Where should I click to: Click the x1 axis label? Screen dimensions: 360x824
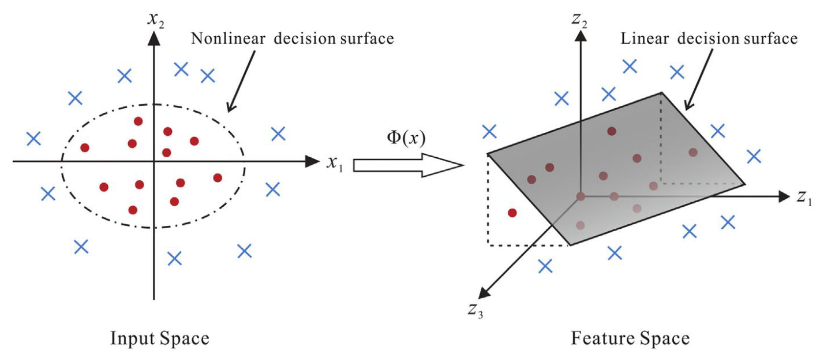coord(334,164)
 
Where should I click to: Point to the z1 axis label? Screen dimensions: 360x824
coord(804,197)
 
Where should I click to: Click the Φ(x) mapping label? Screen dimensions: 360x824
coord(406,138)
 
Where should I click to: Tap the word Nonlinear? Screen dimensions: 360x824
coord(228,39)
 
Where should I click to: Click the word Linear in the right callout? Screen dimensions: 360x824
coord(644,39)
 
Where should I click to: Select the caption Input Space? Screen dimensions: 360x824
coord(160,339)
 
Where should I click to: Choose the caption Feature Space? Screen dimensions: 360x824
coord(630,339)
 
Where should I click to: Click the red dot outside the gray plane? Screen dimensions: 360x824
coord(512,213)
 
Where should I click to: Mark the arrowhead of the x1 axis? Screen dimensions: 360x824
coord(312,161)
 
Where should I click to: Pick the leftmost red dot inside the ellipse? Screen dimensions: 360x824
coord(85,148)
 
